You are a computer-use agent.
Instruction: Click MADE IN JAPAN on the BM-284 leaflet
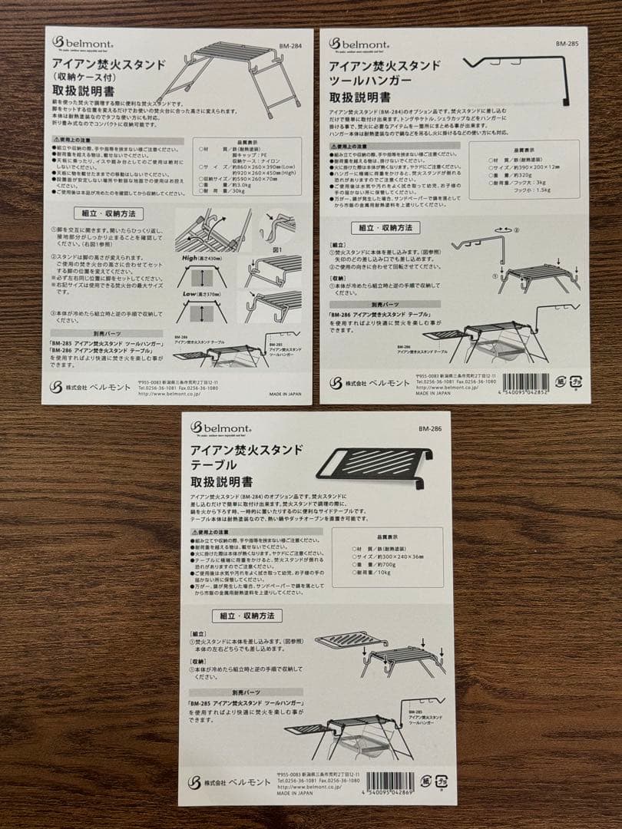coord(286,393)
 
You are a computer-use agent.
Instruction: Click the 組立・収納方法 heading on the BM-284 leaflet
coord(105,213)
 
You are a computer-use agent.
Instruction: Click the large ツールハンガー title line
coord(371,80)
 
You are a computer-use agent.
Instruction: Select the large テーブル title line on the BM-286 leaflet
coord(213,466)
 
